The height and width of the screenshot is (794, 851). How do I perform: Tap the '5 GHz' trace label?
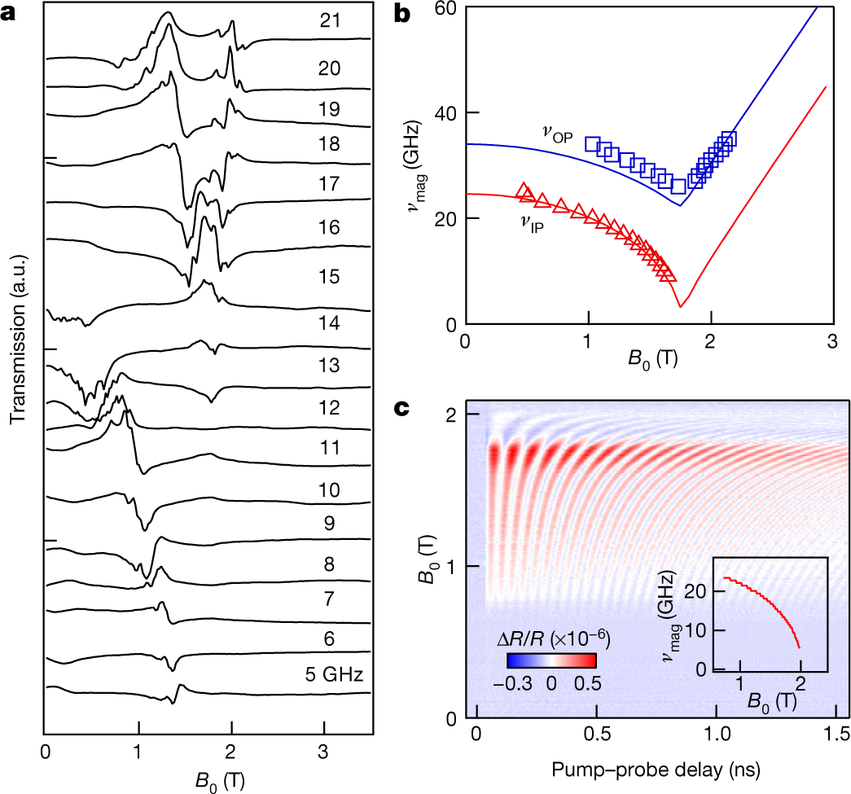click(330, 673)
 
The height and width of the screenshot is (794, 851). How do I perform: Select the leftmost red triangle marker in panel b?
click(524, 190)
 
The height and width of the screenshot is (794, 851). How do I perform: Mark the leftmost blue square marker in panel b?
click(592, 144)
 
